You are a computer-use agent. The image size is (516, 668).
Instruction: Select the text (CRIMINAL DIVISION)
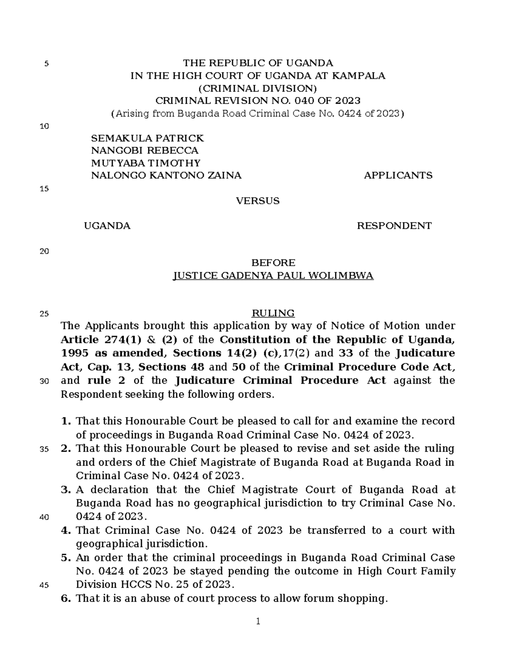pyautogui.click(x=258, y=89)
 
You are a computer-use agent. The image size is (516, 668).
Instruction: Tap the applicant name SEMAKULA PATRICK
pyautogui.click(x=147, y=138)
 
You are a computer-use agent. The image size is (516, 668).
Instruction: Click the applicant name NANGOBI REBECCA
pyautogui.click(x=145, y=151)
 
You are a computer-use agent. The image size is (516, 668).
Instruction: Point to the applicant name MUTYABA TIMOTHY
pyautogui.click(x=146, y=163)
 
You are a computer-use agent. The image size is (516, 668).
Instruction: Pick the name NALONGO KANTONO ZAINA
pyautogui.click(x=166, y=175)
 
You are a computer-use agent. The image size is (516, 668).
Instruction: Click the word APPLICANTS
pyautogui.click(x=398, y=175)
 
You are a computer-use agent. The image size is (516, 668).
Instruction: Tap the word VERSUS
pyautogui.click(x=258, y=201)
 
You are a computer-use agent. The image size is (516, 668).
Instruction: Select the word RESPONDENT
pyautogui.click(x=394, y=226)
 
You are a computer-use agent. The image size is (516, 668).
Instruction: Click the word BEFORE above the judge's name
pyautogui.click(x=273, y=263)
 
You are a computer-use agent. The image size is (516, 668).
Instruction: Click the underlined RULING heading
pyautogui.click(x=273, y=313)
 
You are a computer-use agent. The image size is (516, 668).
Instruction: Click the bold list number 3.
pyautogui.click(x=65, y=489)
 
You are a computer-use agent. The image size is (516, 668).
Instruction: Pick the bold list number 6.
pyautogui.click(x=65, y=598)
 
